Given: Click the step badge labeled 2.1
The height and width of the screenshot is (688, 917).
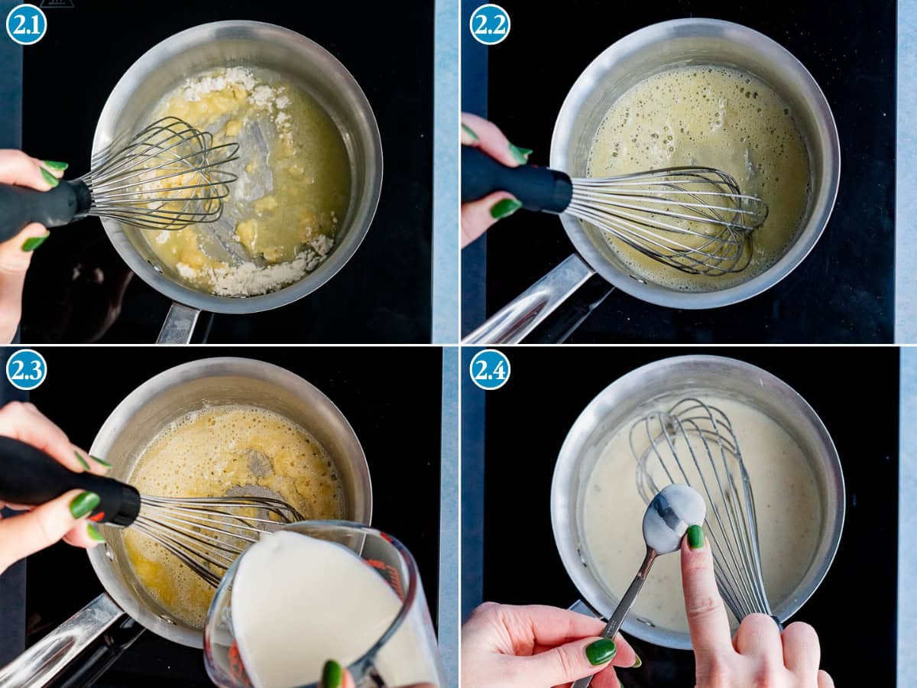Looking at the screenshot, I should pos(26,24).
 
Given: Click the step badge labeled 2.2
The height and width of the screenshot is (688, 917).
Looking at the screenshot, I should pos(490,24).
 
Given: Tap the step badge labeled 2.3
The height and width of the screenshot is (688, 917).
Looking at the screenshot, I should pos(26,369).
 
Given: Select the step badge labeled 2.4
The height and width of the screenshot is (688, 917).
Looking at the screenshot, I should pos(490,369).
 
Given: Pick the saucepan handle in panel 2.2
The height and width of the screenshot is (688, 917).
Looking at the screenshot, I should pos(535,306).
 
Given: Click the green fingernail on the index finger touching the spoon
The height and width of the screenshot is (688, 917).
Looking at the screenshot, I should pos(695,537).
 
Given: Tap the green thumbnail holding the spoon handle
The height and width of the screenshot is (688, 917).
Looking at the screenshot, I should pos(601,651).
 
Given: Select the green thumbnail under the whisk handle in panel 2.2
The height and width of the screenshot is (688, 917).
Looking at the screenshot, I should pos(505,208).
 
